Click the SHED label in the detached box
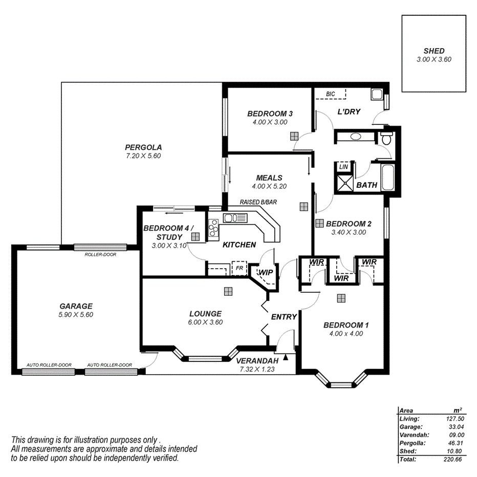[433, 51]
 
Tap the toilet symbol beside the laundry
[386, 137]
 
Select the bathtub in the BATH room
[388, 176]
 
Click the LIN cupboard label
[343, 167]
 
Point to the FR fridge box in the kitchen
[238, 268]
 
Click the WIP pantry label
[266, 272]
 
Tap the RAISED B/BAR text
[258, 202]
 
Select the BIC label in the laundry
[331, 94]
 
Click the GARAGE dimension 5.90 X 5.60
[76, 315]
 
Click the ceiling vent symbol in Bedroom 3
[295, 136]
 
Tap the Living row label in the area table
[409, 419]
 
